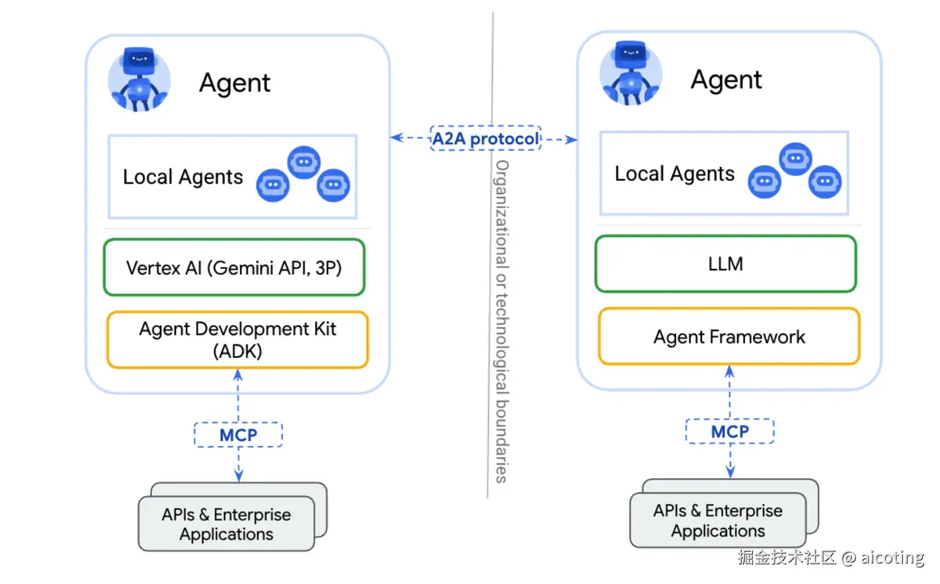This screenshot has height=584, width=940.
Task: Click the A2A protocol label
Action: coord(486,139)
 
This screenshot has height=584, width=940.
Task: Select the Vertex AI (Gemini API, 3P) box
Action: coord(234,268)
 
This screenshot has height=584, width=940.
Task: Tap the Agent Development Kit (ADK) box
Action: coord(237,340)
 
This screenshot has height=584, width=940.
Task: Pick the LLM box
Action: coord(725,264)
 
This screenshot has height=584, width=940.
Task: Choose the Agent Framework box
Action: coord(729,337)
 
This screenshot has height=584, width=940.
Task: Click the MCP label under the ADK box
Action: coord(238,435)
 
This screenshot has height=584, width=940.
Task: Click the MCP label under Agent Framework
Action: coord(730,431)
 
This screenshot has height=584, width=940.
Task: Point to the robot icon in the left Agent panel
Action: coord(139,79)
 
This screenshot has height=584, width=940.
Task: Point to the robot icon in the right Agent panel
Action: coord(631,74)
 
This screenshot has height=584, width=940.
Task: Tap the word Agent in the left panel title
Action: coord(235,83)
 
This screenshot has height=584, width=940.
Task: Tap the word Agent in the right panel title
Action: coord(726,80)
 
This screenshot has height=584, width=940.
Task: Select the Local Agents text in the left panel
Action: coord(183,177)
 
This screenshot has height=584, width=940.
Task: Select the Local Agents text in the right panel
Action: coord(674,174)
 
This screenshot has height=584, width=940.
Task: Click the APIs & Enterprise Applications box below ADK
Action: coord(226,524)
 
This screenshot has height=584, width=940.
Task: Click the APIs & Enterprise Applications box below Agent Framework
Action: coord(718,521)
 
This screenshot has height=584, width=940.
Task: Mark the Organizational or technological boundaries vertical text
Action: coord(502,321)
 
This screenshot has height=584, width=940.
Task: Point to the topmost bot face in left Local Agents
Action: coord(304,162)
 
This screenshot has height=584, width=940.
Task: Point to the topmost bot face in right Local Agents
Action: coord(795,159)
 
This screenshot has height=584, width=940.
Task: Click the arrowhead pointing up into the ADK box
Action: coord(238,375)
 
